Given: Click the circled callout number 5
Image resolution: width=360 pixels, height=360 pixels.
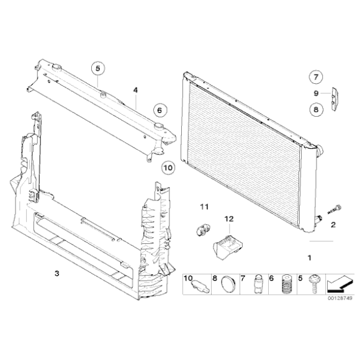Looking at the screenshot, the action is click(98, 68).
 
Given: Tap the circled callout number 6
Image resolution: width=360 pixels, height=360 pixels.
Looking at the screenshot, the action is click(160, 110).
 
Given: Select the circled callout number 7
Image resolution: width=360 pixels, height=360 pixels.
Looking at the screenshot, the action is click(316, 77).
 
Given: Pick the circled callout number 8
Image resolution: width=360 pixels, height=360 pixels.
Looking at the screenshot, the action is click(316, 109).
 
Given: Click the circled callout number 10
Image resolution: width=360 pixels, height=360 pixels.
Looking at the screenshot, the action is click(168, 168).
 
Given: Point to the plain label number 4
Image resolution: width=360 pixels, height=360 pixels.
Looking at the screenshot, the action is click(135, 90).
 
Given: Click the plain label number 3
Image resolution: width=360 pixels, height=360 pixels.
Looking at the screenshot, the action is click(57, 274).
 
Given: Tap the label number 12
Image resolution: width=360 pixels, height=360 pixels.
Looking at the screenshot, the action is click(229, 219).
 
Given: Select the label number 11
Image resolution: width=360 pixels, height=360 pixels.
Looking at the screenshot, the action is click(204, 207).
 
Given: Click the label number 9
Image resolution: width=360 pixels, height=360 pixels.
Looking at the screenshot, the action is click(316, 93).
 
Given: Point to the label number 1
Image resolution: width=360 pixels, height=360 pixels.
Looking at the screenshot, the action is click(310, 258).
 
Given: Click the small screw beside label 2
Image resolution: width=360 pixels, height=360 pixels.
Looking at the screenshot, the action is click(335, 209).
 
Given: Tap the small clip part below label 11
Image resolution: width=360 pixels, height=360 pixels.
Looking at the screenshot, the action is click(203, 229).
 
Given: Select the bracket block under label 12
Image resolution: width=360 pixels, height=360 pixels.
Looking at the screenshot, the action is click(228, 248).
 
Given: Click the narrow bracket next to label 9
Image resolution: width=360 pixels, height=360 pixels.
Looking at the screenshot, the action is click(335, 99).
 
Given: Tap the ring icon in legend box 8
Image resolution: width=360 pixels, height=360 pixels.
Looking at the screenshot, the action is click(228, 285).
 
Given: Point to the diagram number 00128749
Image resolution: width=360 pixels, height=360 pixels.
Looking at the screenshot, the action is click(340, 298).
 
